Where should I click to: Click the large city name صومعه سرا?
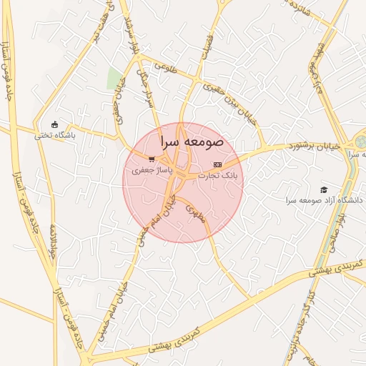pos(192,142)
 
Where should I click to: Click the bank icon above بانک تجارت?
pos(217,164)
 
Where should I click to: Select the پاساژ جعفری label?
pos(150,171)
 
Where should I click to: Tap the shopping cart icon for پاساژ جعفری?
pos(151,160)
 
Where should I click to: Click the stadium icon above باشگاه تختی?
pos(55,124)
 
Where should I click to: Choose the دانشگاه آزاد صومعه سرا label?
pos(325,201)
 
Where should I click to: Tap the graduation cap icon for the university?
pos(324,189)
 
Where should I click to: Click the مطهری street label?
pos(195,214)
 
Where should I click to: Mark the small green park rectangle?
pos(114,79)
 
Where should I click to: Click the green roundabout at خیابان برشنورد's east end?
pos(360,142)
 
